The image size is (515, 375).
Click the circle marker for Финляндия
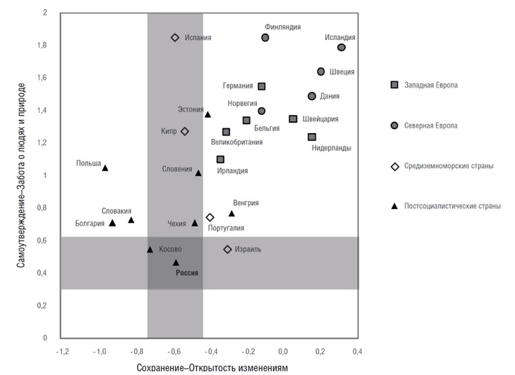click(265, 38)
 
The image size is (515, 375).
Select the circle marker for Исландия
click(341, 48)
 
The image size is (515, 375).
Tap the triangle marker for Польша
click(105, 168)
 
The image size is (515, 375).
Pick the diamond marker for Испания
click(175, 38)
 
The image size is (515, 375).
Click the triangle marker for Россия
click(176, 263)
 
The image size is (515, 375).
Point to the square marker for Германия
click(262, 86)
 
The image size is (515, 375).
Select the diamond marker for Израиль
click(227, 250)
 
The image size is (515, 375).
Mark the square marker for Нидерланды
click(312, 137)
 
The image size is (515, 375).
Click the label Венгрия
click(246, 203)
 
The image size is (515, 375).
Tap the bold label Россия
click(187, 274)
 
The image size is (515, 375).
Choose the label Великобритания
click(237, 142)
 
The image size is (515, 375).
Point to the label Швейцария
click(320, 119)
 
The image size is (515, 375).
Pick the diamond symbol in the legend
click(395, 166)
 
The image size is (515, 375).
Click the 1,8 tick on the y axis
click(43, 46)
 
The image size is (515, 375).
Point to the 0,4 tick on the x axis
click(357, 350)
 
